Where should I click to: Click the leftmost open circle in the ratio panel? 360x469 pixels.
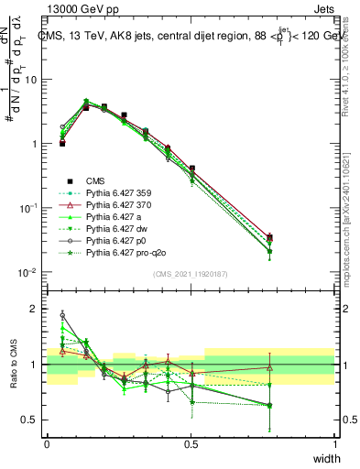[62, 315]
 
